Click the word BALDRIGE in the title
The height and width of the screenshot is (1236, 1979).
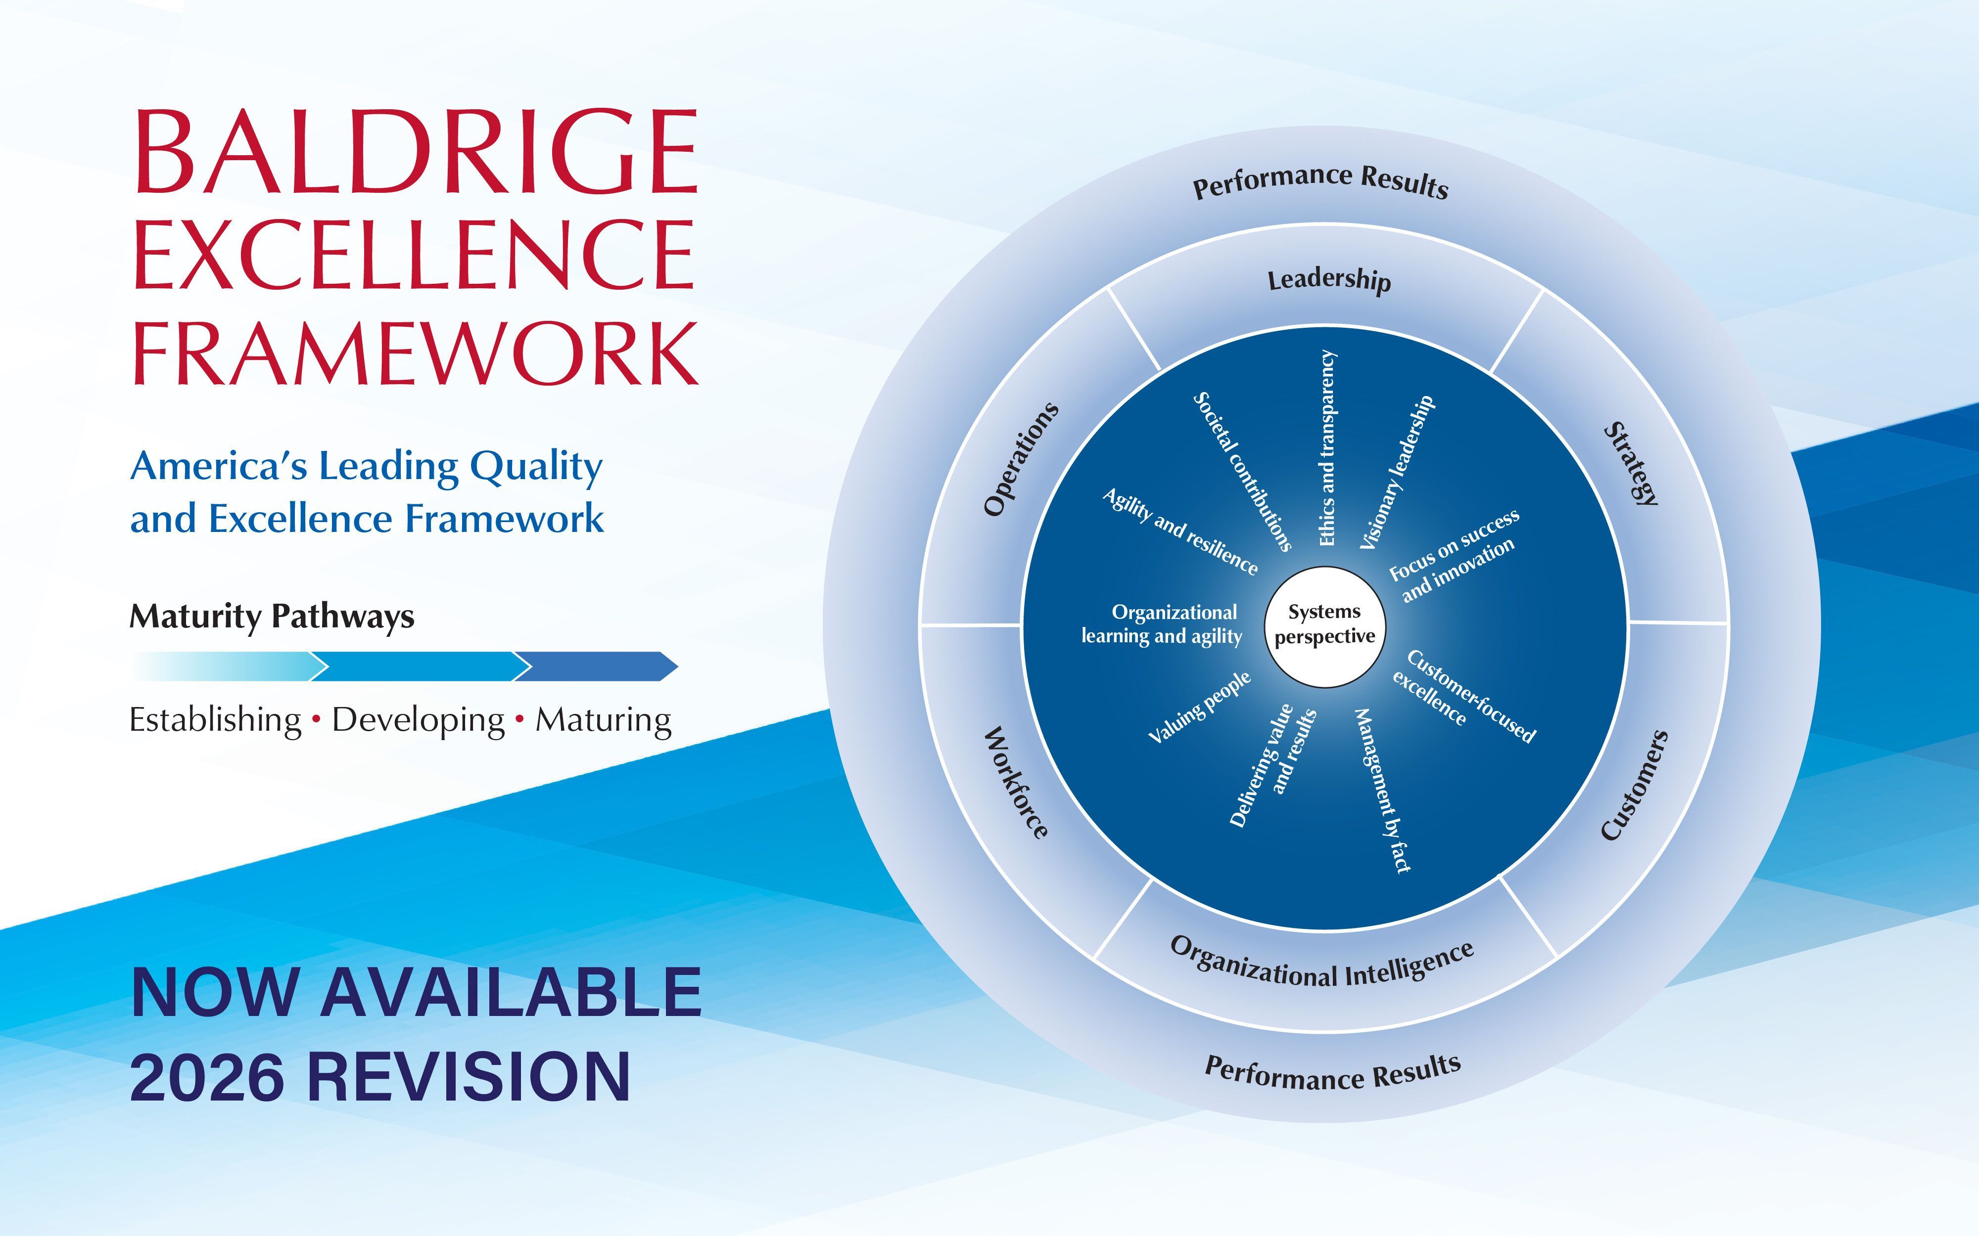pos(416,152)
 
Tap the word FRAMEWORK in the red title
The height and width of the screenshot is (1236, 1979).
pos(416,353)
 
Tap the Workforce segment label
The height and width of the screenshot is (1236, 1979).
pos(1015,782)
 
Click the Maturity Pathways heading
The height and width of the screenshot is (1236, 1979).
pos(272,617)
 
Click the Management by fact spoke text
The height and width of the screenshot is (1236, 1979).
pos(1384,790)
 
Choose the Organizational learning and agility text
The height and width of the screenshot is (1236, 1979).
pos(1162,624)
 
